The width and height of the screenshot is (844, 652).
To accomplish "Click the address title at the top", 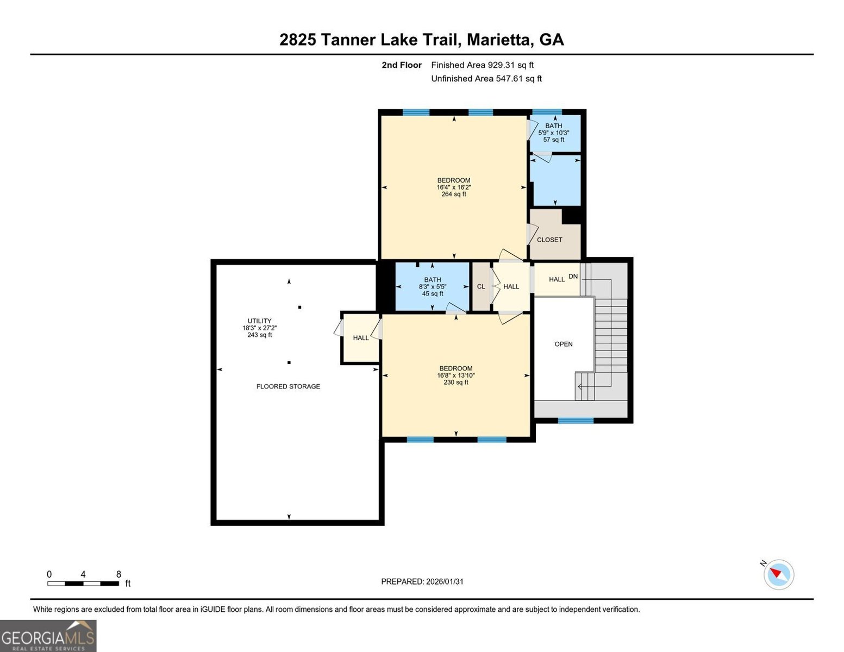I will click(x=422, y=40).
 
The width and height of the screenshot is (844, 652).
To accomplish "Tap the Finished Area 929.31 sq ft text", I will click(x=482, y=65).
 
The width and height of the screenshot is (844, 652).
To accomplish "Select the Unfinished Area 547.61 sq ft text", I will click(x=486, y=78).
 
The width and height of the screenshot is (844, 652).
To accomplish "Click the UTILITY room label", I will click(x=259, y=321).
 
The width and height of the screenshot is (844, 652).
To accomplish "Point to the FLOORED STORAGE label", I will click(x=288, y=386).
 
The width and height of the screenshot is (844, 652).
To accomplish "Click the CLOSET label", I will click(x=549, y=240).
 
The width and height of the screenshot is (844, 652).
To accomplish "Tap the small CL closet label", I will click(x=481, y=286).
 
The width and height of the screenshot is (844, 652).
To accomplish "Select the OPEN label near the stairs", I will click(x=563, y=344).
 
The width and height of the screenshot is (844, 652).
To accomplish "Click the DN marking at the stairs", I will click(x=573, y=277).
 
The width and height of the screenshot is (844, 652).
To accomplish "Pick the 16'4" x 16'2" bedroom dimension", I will click(x=454, y=187).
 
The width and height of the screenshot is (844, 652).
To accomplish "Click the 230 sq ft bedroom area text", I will click(x=455, y=382).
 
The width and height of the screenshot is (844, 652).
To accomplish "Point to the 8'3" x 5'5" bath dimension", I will click(x=433, y=287).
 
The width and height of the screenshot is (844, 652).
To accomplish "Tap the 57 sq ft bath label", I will click(x=554, y=140).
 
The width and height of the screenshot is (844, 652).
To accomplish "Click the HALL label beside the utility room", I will click(x=361, y=337).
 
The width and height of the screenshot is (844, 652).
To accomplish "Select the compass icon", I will click(x=778, y=574).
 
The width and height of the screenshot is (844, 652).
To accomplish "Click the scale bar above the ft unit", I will click(x=83, y=584).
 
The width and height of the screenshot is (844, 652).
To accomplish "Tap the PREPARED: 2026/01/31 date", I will click(x=422, y=581).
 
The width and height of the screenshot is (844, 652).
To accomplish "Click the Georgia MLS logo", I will click(x=48, y=636).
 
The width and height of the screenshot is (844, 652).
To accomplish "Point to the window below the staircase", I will click(x=576, y=420).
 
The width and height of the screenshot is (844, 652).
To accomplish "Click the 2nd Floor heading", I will click(x=402, y=65).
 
